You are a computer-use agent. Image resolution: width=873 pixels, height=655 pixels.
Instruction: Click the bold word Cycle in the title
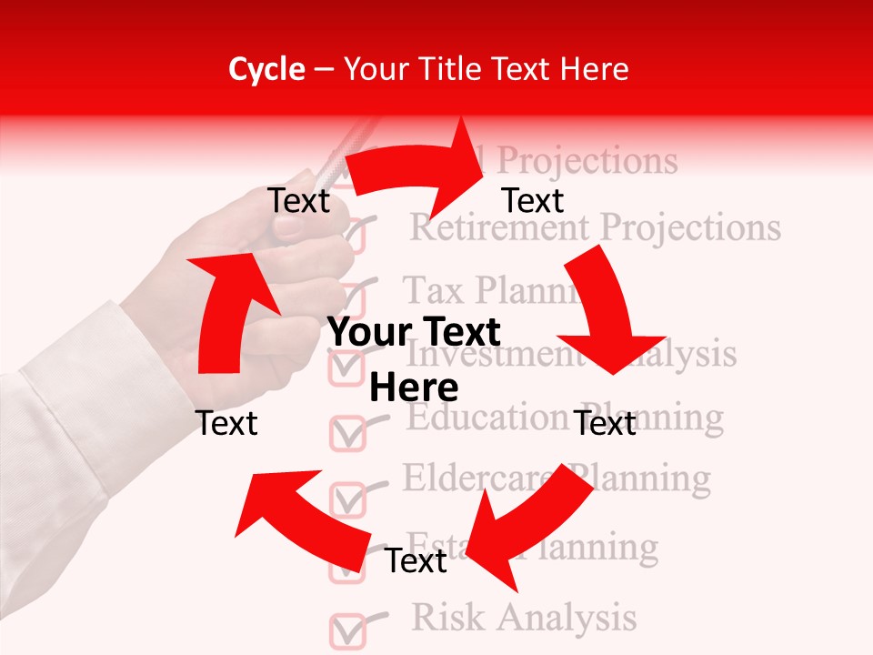pos(266,69)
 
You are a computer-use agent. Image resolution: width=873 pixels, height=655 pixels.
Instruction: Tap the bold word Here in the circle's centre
pos(414,388)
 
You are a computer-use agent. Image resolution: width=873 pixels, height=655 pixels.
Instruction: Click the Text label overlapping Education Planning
pos(605,423)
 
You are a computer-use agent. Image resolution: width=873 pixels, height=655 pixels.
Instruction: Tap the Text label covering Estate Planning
pos(416,561)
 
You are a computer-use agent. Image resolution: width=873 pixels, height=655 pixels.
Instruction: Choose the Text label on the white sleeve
pos(226,423)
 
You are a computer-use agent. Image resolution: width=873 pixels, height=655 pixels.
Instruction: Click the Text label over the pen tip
pos(299,201)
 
